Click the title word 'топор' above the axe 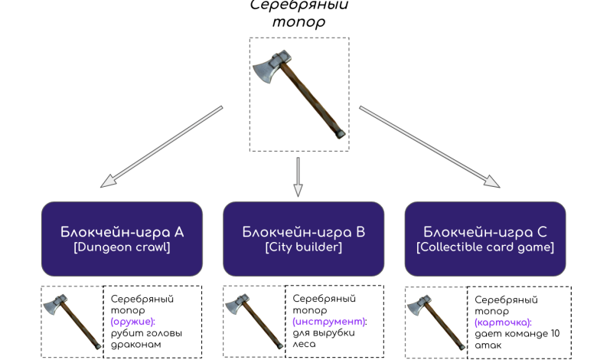point(298,22)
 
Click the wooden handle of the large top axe point(314,100)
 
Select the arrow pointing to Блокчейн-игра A point(161,147)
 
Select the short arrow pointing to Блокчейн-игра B point(298,176)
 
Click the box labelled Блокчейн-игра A point(122,238)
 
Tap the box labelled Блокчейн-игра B point(303,238)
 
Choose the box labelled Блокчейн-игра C point(484,238)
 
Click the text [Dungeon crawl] point(122,247)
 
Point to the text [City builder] point(303,247)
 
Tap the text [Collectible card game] point(484,247)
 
